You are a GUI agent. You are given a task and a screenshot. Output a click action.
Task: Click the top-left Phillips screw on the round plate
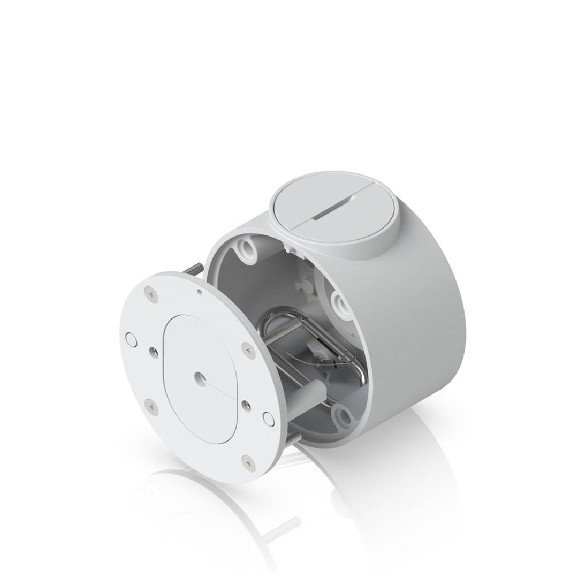click(151, 294)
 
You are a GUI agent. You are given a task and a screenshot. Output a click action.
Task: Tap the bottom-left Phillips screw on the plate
click(151, 408)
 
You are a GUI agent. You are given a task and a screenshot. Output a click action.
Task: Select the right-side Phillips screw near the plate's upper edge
click(248, 350)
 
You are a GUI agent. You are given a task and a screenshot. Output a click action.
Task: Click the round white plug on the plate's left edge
click(131, 339)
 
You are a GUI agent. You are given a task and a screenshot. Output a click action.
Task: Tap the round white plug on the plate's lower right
click(269, 419)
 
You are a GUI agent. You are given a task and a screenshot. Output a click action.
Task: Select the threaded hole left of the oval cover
click(154, 352)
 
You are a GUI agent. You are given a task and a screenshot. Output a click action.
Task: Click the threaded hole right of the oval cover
click(246, 405)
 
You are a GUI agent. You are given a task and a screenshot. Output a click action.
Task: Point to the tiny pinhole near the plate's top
click(199, 292)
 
